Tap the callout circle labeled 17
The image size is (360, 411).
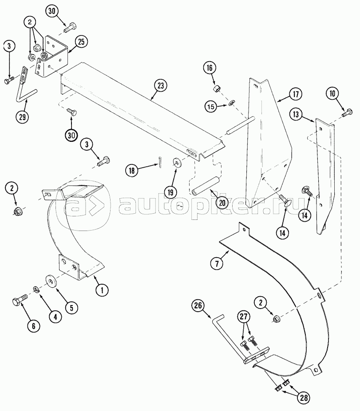pos(296,94)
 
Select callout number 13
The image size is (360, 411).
pos(296,114)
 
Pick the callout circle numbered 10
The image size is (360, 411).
pos(333,94)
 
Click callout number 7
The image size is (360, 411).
pos(217,264)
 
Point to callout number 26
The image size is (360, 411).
pos(198,305)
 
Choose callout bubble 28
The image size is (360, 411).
pos(304,398)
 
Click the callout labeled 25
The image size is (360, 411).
pos(81,42)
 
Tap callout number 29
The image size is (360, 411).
pos(22,117)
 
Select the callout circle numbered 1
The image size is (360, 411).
pos(102,290)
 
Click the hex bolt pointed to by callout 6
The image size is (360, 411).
pos(20,300)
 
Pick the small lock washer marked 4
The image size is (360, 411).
pos(36,289)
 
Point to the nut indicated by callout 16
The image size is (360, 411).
pos(216,88)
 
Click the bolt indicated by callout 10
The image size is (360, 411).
pos(347,113)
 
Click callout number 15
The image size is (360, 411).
pos(211,107)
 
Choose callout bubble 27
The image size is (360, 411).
pos(244,317)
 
